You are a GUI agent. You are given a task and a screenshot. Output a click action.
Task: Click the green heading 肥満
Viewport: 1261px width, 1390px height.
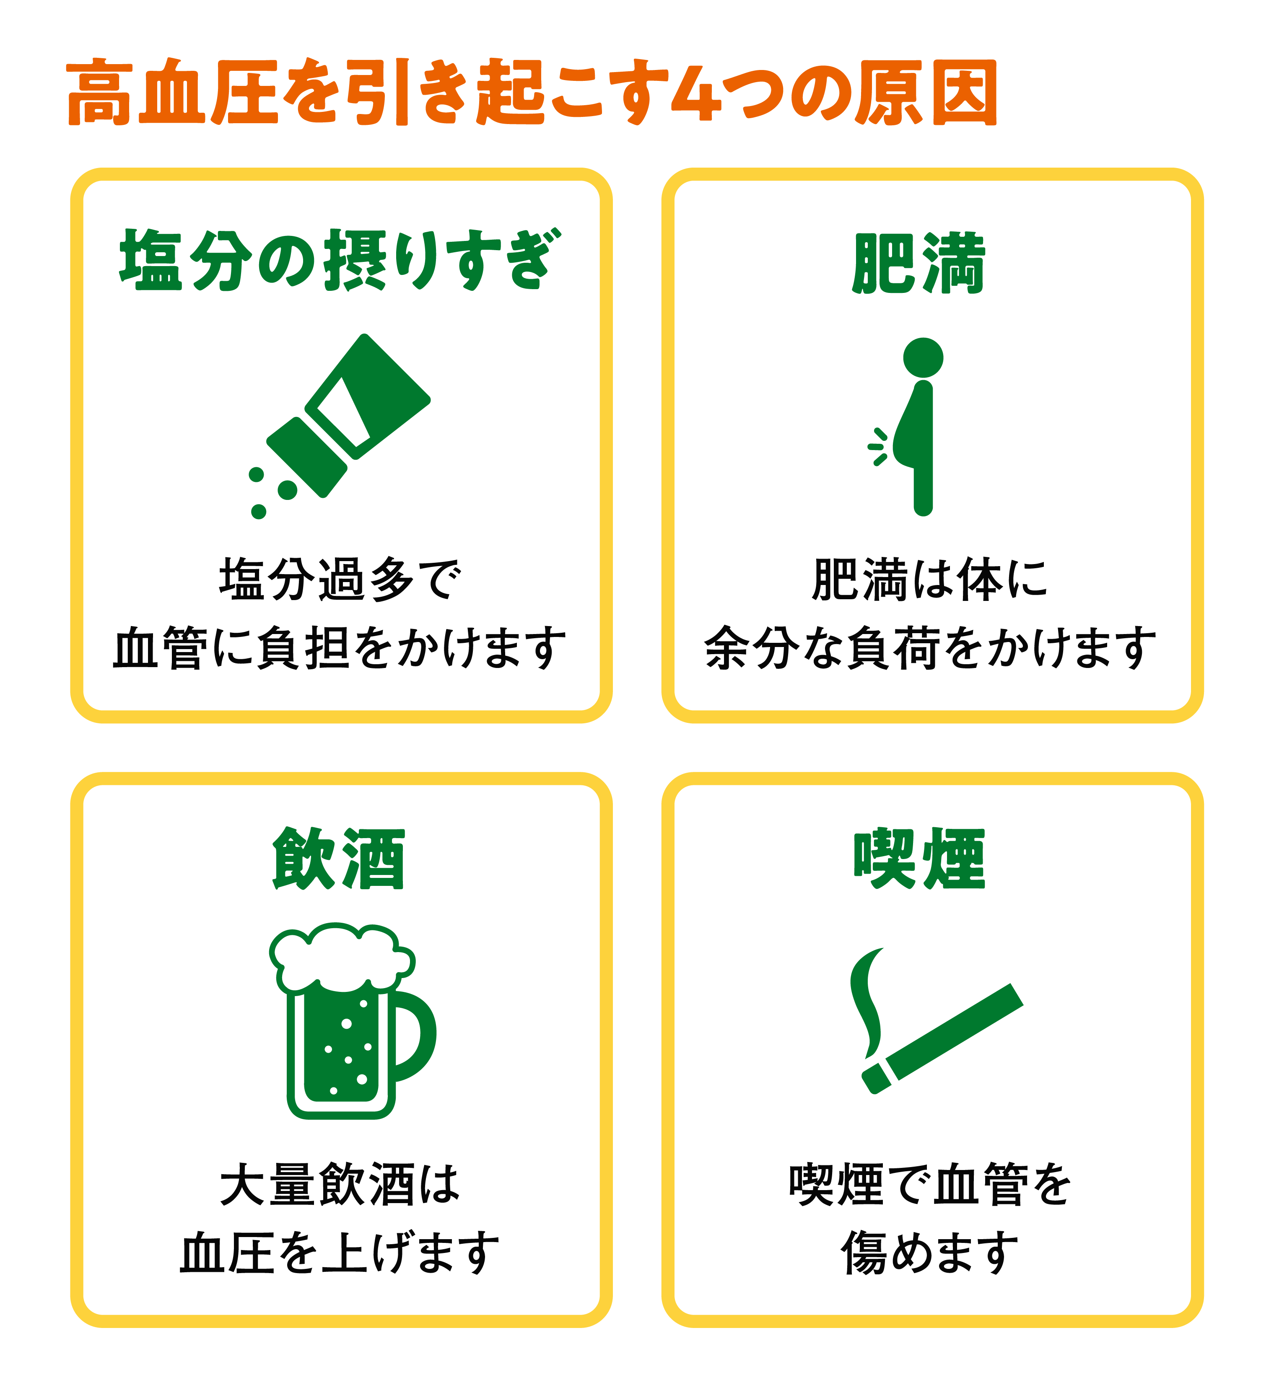pos(919,264)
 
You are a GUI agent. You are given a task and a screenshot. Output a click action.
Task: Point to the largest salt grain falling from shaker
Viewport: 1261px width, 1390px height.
pos(287,489)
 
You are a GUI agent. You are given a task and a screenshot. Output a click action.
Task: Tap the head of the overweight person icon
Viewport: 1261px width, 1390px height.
pos(923,357)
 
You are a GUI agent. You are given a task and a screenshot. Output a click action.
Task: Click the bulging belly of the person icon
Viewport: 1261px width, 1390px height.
pos(905,441)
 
